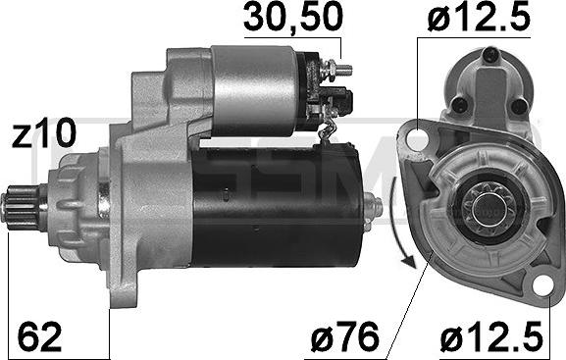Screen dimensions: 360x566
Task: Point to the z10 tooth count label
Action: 42,134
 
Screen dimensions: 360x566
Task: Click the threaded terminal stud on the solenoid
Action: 343,70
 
